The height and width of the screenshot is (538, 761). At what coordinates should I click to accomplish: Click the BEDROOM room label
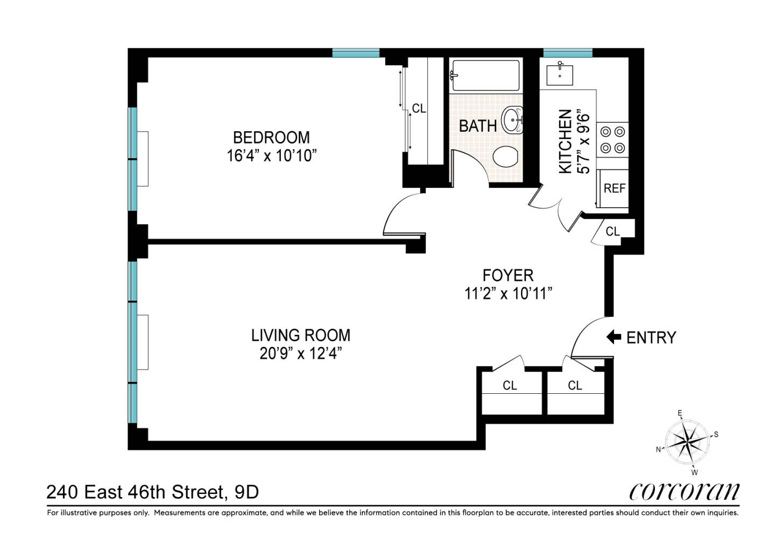271,138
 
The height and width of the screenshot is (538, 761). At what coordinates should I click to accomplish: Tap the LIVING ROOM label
301,335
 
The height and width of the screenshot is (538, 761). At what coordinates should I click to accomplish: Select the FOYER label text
508,275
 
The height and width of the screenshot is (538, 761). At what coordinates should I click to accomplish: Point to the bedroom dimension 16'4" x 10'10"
271,156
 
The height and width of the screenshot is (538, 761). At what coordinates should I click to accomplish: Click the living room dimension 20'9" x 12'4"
301,353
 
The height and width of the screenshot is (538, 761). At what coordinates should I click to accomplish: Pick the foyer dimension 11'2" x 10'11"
508,293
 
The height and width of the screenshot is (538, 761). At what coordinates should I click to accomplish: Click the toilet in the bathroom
505,157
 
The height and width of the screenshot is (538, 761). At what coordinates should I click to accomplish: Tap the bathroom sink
512,120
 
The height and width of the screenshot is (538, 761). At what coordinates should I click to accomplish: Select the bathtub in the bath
486,76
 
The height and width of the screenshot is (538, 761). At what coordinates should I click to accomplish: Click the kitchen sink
560,74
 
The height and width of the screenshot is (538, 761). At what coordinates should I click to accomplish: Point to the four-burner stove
612,139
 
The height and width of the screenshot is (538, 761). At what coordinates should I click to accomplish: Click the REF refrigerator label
615,188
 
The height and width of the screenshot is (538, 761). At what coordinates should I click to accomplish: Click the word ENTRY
651,338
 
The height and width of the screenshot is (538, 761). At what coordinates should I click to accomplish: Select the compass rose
687,443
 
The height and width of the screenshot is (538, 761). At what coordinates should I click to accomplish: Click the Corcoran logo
684,492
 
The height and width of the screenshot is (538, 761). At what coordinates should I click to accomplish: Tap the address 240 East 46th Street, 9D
152,492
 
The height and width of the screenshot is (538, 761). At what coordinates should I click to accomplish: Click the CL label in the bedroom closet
419,108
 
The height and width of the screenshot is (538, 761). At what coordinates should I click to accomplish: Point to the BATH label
478,126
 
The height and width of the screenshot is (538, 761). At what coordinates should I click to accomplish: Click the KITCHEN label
565,141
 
